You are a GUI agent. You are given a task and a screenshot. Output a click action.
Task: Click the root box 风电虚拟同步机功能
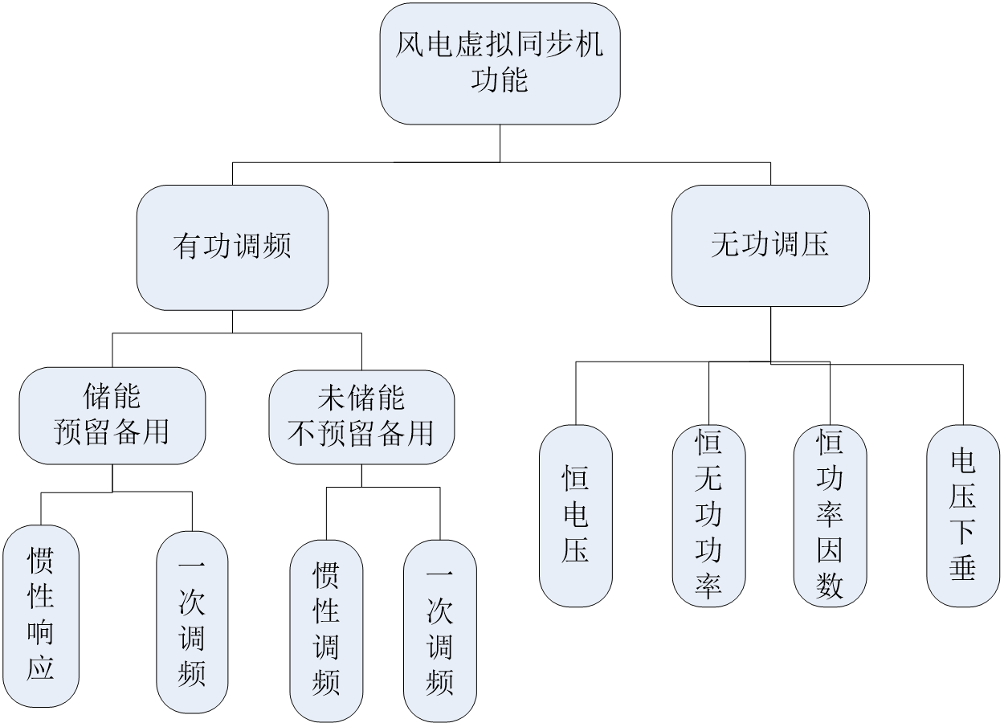(500, 63)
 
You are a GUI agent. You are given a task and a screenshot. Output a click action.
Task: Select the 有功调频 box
(232, 247)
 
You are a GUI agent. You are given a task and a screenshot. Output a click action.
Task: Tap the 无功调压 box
(769, 245)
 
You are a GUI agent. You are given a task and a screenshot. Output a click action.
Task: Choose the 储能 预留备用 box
(112, 415)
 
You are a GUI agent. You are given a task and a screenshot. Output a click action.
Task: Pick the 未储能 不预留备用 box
(361, 417)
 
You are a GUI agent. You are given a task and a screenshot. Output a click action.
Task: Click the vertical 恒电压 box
(575, 516)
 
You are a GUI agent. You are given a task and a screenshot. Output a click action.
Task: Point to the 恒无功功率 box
(708, 516)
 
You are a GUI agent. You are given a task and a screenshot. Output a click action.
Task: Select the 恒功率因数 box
(830, 516)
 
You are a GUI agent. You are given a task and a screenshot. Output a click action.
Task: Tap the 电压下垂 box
(962, 516)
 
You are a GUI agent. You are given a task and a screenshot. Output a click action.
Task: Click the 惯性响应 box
(41, 616)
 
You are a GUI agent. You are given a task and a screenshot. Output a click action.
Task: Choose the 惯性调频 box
(326, 631)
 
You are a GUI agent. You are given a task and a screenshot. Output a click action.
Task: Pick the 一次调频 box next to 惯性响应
(192, 622)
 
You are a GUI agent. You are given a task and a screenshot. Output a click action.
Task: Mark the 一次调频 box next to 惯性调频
(439, 631)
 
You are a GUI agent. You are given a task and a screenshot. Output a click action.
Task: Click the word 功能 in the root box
(500, 80)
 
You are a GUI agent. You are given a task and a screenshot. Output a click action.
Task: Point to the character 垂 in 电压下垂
(962, 568)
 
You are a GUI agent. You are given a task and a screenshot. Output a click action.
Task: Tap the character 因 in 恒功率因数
(830, 551)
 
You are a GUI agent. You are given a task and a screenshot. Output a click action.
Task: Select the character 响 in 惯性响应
(41, 633)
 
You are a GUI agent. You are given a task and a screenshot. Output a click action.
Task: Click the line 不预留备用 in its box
(361, 434)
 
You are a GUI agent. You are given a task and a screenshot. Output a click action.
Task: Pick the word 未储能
(361, 398)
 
